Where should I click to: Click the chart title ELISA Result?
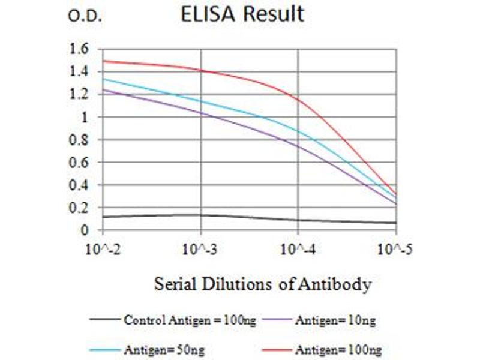tap(243, 14)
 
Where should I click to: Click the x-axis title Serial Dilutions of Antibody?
tap(263, 283)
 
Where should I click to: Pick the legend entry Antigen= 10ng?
tap(335, 320)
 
